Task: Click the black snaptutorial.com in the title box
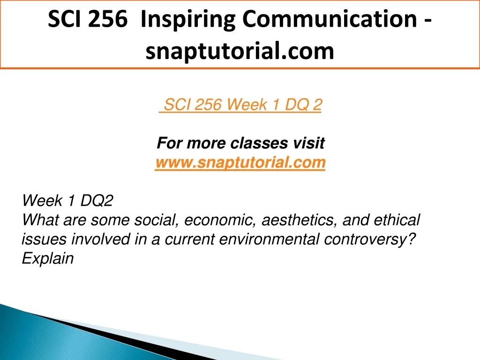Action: coord(240,51)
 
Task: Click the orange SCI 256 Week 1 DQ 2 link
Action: coord(240,105)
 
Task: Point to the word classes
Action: coord(259,143)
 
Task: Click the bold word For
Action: coord(170,143)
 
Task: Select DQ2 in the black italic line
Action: coord(97,201)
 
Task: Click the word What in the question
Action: coord(40,220)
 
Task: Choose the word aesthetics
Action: coord(300,220)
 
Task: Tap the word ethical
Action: coord(397,220)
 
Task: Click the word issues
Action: coord(44,239)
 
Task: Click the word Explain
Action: coord(48,259)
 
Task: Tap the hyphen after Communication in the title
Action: coord(428,21)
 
